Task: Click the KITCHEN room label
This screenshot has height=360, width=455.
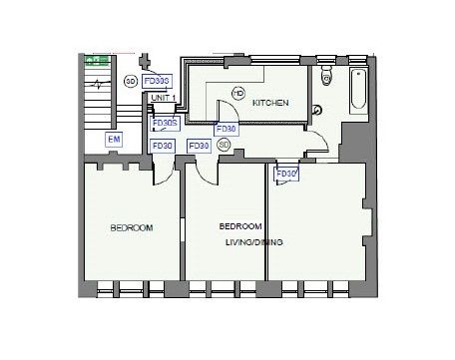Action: tap(270, 104)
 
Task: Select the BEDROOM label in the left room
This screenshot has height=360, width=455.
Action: tap(131, 228)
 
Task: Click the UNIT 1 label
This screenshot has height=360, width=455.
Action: tap(162, 98)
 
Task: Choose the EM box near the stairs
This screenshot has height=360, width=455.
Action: tap(114, 141)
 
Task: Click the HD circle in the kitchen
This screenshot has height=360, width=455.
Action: tap(237, 93)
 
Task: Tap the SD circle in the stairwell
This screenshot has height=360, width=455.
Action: tap(130, 81)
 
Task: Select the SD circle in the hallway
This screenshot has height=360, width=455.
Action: tap(224, 145)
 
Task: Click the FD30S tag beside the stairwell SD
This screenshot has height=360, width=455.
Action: tap(157, 81)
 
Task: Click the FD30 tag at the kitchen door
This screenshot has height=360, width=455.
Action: tap(227, 129)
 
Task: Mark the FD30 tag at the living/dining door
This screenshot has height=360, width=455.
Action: tap(287, 175)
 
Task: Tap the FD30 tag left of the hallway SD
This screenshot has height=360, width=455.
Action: tap(198, 146)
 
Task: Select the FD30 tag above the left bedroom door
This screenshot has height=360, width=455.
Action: tap(162, 146)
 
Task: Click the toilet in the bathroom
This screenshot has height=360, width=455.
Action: tap(327, 78)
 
